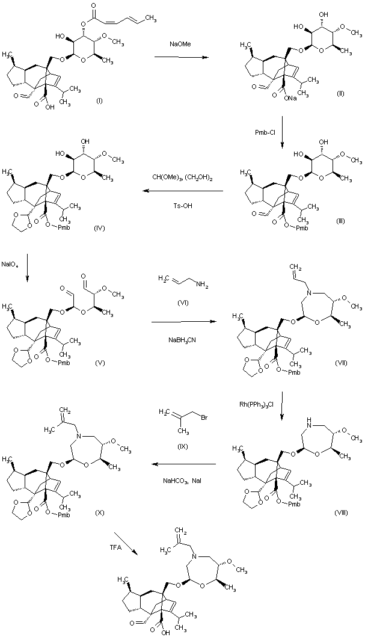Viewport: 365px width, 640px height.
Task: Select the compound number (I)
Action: point(99,101)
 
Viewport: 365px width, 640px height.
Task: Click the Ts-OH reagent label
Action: point(183,205)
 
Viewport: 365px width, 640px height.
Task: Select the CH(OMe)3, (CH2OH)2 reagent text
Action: point(182,177)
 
